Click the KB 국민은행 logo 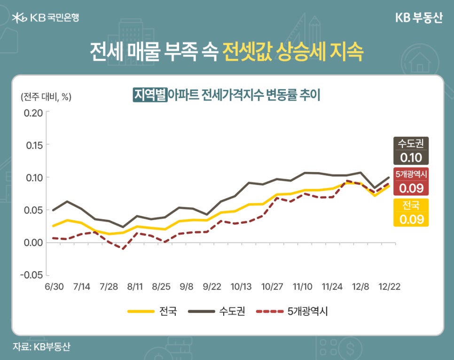tap(46, 18)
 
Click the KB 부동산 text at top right tap(418, 18)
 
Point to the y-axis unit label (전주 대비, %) tap(46, 96)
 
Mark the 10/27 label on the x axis tap(272, 286)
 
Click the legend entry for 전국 tap(153, 311)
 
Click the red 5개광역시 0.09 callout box tap(410, 181)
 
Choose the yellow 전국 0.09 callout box tap(410, 212)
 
